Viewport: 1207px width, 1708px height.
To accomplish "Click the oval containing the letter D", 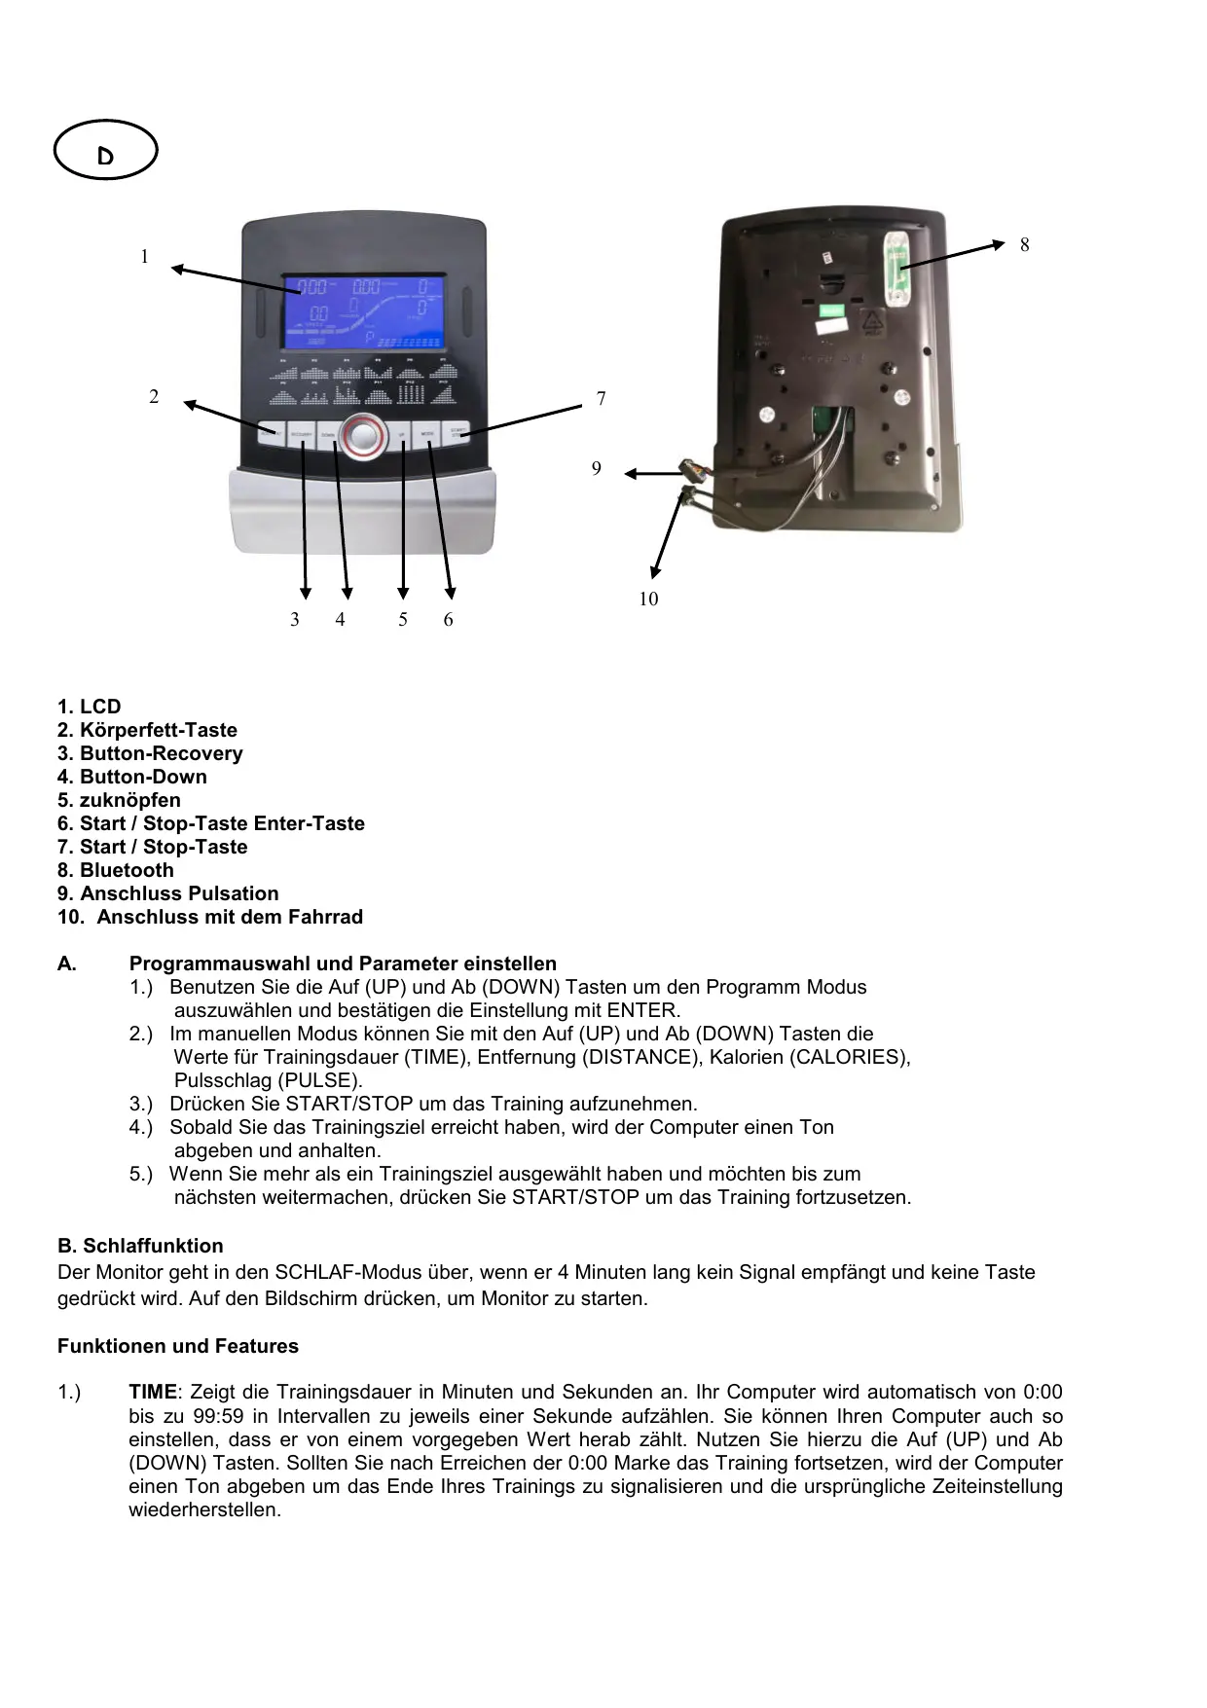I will tap(105, 151).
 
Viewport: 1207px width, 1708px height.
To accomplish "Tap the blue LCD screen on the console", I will tap(364, 310).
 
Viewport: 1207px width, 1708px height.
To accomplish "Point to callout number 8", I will tap(1024, 245).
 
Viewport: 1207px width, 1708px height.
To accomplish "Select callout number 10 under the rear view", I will tap(648, 600).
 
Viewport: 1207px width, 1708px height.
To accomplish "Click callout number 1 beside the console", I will tap(144, 257).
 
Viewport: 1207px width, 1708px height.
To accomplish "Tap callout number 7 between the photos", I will tap(601, 399).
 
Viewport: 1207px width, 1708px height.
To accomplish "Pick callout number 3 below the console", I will tap(295, 620).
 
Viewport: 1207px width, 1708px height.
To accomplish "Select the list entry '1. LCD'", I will tap(90, 707).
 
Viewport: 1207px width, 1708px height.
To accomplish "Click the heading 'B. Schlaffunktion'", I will tap(140, 1246).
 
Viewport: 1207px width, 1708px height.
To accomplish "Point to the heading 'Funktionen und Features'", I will tap(178, 1346).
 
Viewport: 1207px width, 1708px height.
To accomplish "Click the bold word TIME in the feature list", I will tap(153, 1393).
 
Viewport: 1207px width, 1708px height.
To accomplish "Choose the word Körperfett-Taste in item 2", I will tap(159, 730).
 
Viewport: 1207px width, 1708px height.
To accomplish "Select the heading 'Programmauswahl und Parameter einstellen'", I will tap(343, 963).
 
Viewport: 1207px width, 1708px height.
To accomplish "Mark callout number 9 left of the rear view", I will tap(597, 469).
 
